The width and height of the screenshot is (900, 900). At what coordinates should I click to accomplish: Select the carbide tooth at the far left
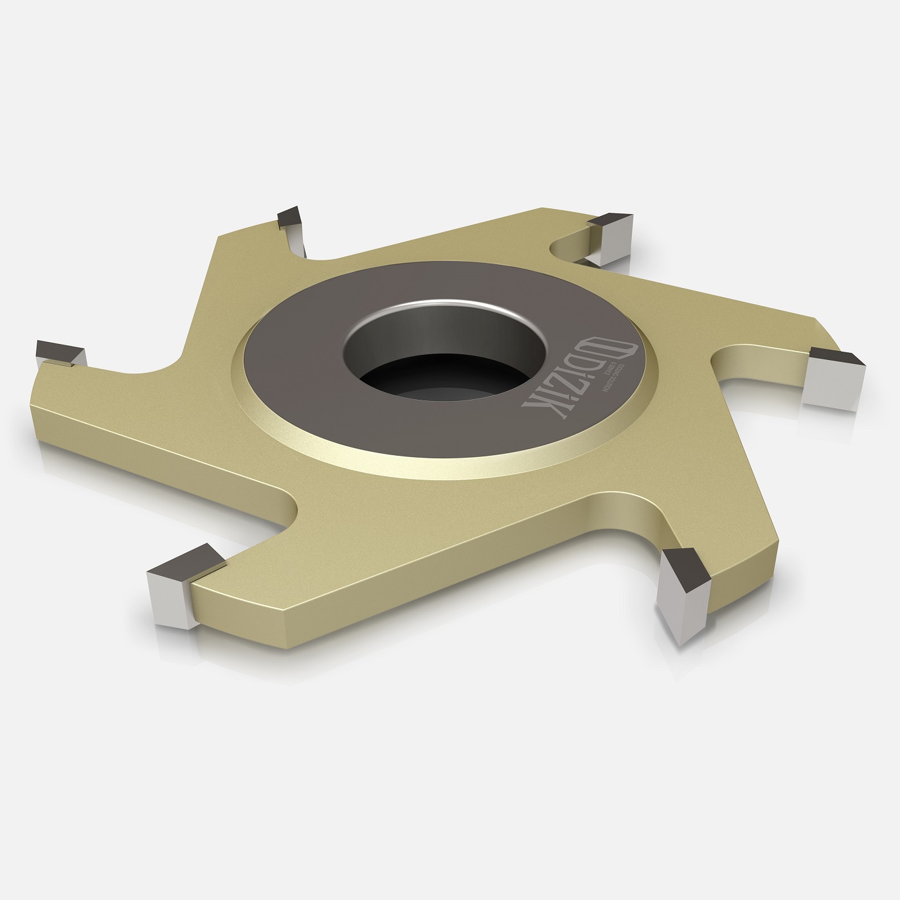click(x=60, y=354)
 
